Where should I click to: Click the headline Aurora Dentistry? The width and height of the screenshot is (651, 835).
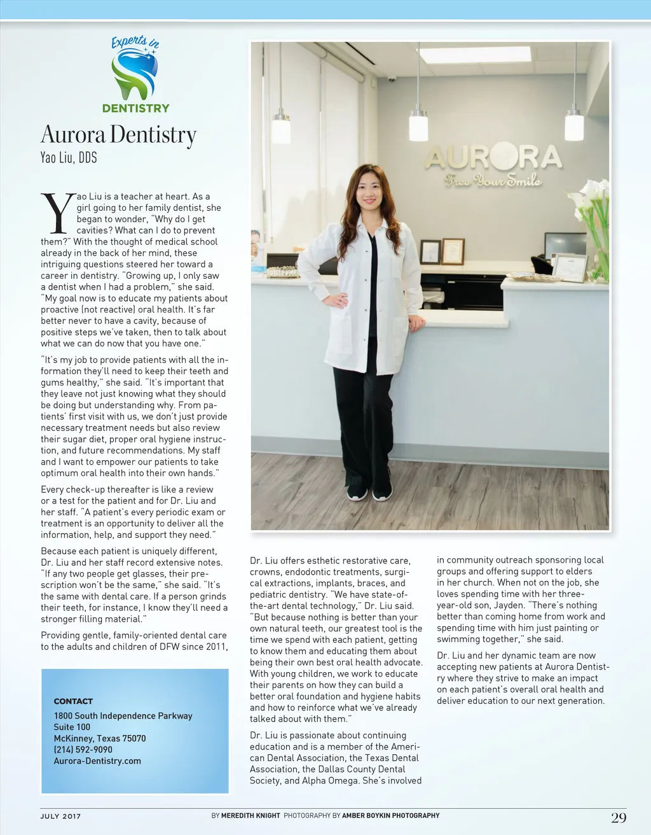click(119, 135)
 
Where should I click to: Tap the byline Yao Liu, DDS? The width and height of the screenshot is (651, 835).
click(69, 158)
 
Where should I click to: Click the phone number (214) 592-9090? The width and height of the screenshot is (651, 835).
click(83, 750)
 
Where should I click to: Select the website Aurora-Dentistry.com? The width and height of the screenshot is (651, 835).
click(97, 761)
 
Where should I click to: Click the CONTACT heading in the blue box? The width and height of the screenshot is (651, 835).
click(73, 701)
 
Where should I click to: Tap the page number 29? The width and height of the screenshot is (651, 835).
click(619, 818)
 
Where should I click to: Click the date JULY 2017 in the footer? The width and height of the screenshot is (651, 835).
click(61, 817)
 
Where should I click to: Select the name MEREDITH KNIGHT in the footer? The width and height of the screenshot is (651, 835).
click(250, 815)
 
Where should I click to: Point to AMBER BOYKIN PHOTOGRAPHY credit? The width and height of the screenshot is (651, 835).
click(390, 815)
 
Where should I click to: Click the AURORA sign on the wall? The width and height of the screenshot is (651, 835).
click(493, 157)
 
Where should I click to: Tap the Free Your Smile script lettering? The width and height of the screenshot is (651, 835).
click(493, 181)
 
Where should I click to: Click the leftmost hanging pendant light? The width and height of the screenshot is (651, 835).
click(281, 125)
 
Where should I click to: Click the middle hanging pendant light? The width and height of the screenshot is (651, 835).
click(418, 123)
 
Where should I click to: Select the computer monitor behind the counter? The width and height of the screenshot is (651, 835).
click(565, 245)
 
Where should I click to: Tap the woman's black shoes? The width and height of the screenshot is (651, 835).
click(369, 492)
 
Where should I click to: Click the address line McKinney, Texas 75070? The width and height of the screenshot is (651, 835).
click(100, 738)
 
